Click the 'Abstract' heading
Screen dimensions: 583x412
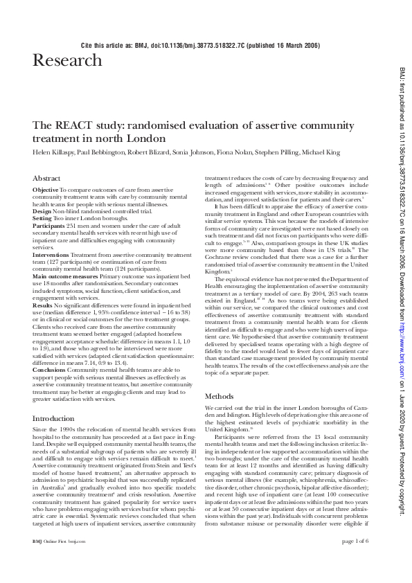[47, 178]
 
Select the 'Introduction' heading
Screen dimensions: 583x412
[54, 419]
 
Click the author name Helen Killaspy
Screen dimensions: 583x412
[55, 151]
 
